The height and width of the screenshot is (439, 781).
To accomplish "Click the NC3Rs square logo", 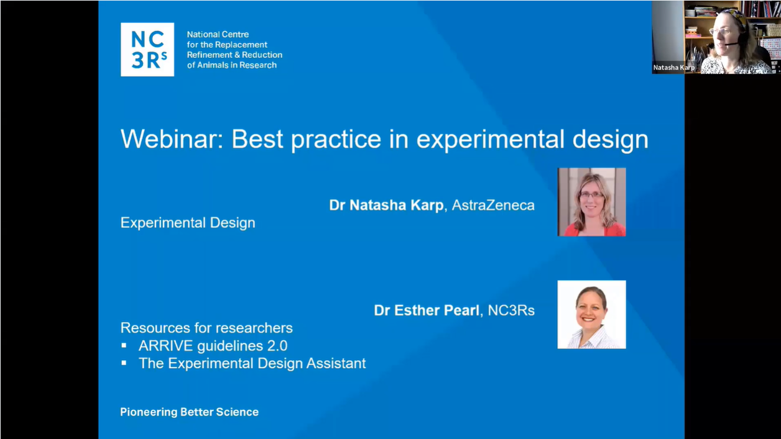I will [147, 50].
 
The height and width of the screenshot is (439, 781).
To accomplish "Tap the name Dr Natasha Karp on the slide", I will [386, 205].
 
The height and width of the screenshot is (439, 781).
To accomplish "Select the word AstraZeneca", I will [493, 205].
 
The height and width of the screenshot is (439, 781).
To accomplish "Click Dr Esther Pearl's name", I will [427, 310].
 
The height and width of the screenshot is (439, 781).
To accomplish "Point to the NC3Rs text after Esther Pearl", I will [511, 310].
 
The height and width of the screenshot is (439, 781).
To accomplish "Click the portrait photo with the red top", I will [591, 202].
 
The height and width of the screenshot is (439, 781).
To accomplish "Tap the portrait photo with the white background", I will [591, 314].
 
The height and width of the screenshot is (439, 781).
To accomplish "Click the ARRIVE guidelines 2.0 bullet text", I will [213, 346].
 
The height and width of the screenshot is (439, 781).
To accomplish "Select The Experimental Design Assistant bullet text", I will [252, 363].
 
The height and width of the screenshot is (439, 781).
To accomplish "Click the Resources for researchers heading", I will [206, 328].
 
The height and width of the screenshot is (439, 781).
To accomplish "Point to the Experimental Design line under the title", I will [188, 222].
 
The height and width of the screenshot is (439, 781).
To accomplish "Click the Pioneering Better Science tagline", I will [189, 412].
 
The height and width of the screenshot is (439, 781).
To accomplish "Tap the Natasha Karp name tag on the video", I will [673, 67].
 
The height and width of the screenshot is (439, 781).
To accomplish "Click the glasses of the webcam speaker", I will [720, 32].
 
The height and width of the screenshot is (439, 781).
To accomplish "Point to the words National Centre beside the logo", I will [217, 35].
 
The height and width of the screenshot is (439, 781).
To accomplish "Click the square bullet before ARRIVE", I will [124, 345].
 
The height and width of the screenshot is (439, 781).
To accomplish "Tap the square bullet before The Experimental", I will [124, 363].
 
